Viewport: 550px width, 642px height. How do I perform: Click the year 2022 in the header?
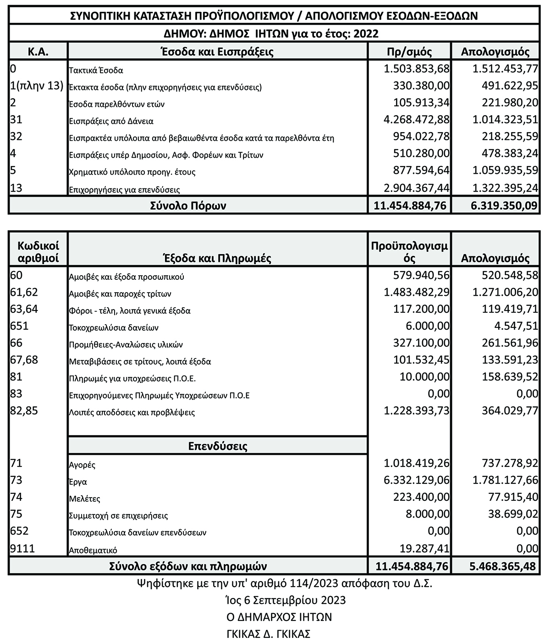[366, 33]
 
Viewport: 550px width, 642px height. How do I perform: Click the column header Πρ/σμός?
[410, 51]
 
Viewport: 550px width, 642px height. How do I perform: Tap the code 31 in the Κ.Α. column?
[16, 120]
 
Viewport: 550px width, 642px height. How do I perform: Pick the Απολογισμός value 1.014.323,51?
[505, 120]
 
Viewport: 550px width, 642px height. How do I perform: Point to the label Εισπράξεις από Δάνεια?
[110, 122]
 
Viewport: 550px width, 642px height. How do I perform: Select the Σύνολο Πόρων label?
[188, 206]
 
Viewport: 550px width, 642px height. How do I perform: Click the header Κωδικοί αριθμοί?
[38, 253]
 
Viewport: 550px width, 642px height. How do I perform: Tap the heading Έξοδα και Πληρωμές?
[217, 258]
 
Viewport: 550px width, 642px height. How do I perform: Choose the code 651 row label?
[19, 326]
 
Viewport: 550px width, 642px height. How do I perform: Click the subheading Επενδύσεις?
[218, 446]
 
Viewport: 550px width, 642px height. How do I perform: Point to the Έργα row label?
[77, 482]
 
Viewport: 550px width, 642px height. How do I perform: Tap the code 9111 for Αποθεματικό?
[22, 548]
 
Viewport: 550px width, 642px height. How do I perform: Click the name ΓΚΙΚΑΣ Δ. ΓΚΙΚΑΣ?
[269, 634]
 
